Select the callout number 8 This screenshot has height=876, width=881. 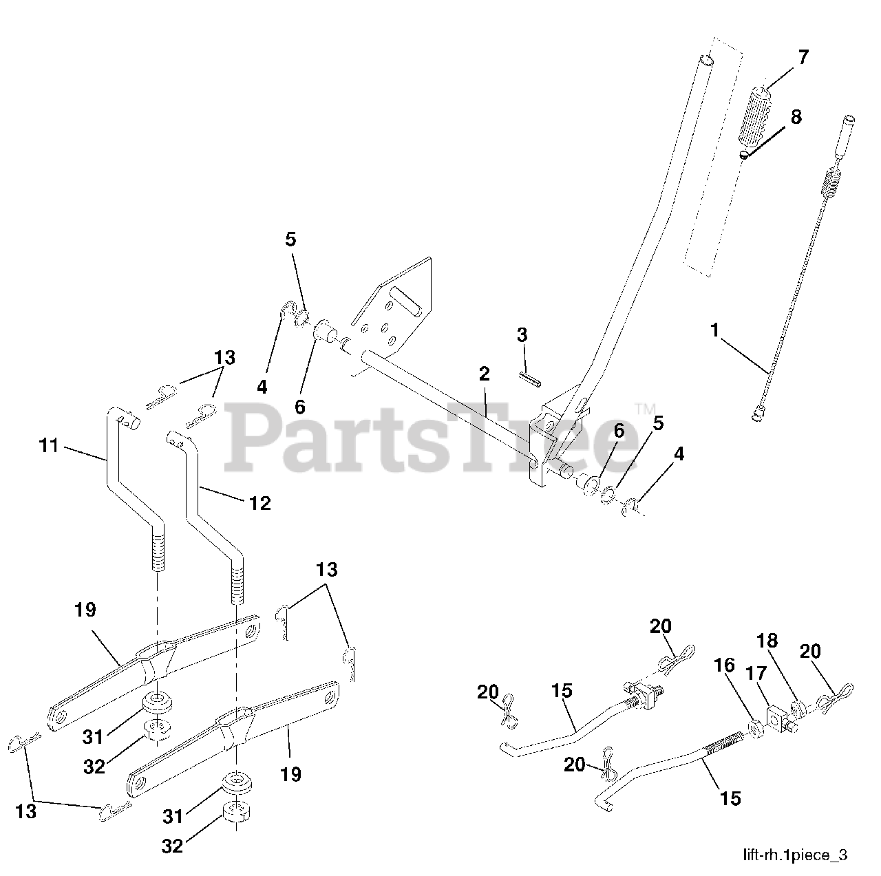point(796,117)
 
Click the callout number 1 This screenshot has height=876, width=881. point(714,330)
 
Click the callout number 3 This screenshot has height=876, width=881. point(522,335)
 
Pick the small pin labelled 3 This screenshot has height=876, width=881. point(529,379)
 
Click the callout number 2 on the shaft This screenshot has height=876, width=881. point(484,374)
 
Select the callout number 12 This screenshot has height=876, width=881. point(260,503)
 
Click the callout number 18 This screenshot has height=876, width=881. point(767,641)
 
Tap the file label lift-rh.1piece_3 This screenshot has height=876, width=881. point(795,855)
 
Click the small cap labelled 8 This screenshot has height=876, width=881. point(745,155)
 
